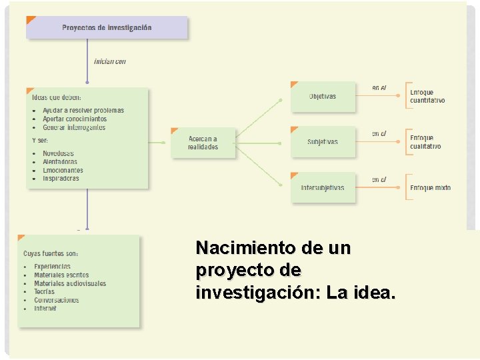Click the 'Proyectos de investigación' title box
pos(107,28)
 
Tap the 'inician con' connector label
pos(110,61)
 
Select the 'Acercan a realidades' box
pos(203,143)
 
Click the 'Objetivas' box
pos(323,97)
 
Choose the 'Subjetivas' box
pos(323,142)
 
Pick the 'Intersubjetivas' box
pos(323,188)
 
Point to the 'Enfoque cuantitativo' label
pos(427,97)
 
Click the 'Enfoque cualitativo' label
pos(425,142)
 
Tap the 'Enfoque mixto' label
pos(430,188)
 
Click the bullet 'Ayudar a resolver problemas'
pos(83,111)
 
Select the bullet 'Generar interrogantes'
pos(74,127)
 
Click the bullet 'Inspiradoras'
pos(61,179)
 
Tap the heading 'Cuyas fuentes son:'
pos(51,253)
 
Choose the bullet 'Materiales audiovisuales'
pos(70,283)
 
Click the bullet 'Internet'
pos(45,309)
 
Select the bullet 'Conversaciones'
pos(57,300)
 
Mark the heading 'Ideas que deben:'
pos(57,97)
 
